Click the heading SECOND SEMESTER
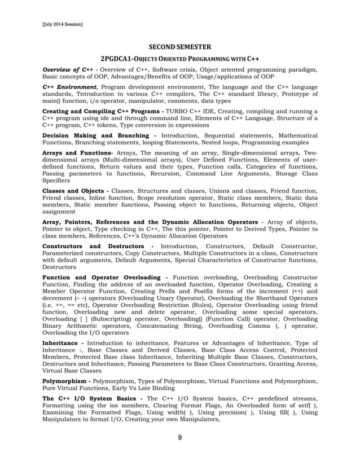pyautogui.click(x=179, y=47)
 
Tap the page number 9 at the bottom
pyautogui.click(x=179, y=437)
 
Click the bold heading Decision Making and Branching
pyautogui.click(x=98, y=135)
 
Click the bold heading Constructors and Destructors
pyautogui.click(x=98, y=247)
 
